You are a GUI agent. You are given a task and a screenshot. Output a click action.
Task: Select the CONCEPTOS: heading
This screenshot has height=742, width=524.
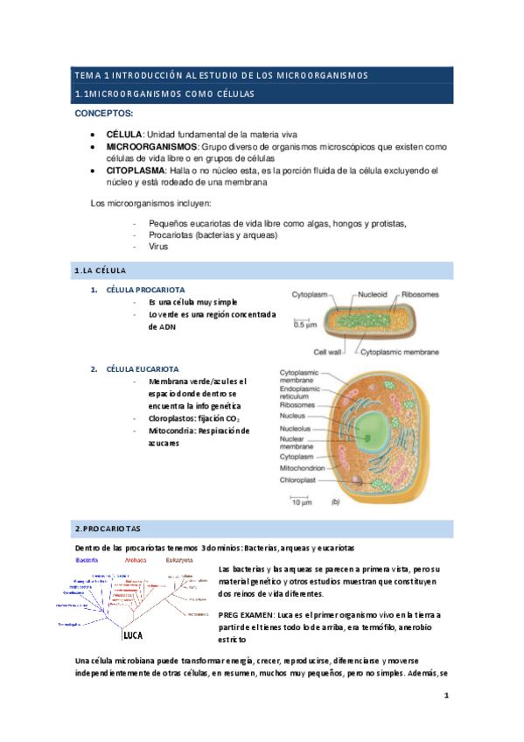tap(104, 114)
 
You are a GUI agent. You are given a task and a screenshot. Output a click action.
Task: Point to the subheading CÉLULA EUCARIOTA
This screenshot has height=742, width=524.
tap(143, 369)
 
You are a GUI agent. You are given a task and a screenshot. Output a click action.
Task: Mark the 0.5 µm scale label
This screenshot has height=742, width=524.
tap(304, 325)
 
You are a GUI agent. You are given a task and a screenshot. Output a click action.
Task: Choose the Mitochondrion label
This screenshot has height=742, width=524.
tap(308, 468)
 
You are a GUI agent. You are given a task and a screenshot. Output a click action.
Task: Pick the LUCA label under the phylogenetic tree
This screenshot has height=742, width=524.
tap(132, 635)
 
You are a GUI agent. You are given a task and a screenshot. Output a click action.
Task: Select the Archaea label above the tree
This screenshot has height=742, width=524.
tap(136, 560)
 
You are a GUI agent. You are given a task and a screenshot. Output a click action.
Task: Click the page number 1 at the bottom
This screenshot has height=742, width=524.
tap(445, 696)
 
